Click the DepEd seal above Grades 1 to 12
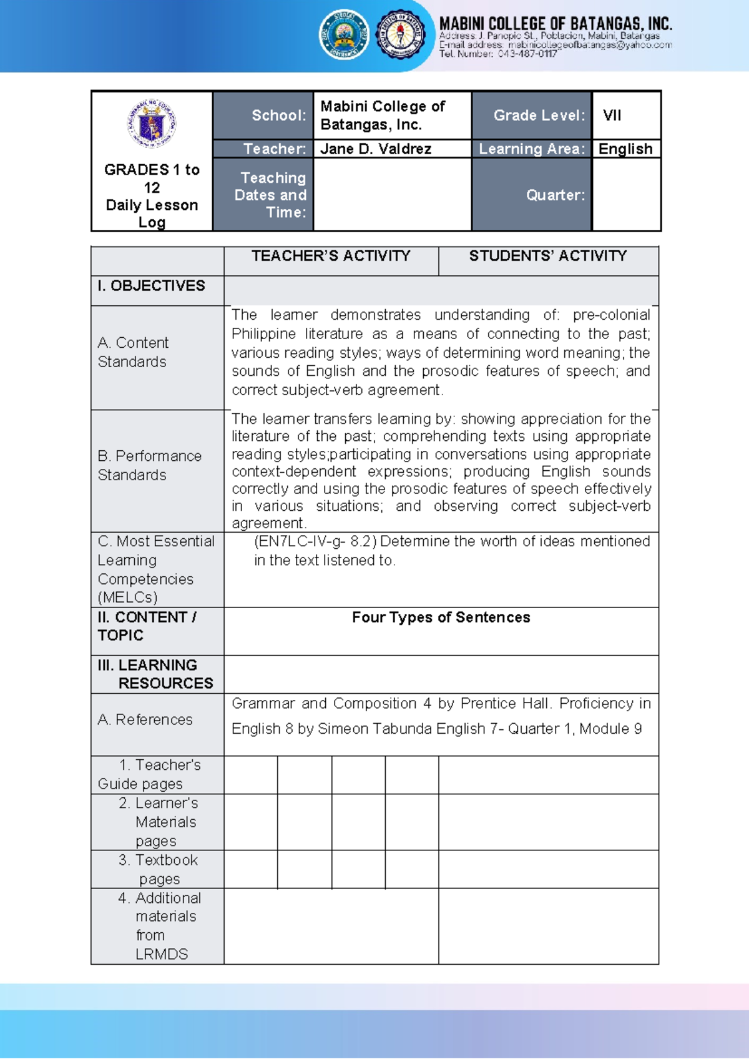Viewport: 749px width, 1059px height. click(x=152, y=123)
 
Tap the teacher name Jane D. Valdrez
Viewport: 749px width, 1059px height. click(x=376, y=149)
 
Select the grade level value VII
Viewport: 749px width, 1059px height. click(x=612, y=116)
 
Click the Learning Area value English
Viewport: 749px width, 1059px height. click(x=625, y=149)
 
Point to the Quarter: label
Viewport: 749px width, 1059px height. click(x=556, y=195)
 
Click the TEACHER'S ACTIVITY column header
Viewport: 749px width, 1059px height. click(x=331, y=256)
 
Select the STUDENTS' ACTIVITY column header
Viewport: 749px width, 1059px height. click(x=548, y=256)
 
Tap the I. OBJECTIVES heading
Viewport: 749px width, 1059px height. click(x=151, y=286)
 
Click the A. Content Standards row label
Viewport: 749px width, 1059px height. click(x=133, y=352)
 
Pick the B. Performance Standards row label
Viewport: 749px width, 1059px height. click(x=150, y=465)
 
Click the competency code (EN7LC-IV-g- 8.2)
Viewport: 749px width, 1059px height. click(x=315, y=541)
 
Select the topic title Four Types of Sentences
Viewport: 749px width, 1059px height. click(x=441, y=618)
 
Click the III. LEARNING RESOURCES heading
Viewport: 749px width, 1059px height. click(x=155, y=674)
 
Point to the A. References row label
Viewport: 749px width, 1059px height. click(x=145, y=720)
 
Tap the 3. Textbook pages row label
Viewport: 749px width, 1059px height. click(x=159, y=869)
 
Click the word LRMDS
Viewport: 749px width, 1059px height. click(x=162, y=954)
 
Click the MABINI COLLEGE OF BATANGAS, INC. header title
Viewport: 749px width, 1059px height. click(x=556, y=24)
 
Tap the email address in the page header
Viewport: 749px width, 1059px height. click(x=589, y=45)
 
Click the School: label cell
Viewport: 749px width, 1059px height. click(x=279, y=116)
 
